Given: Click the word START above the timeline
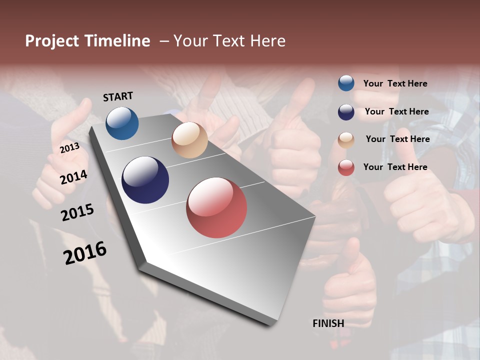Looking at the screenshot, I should (118, 96).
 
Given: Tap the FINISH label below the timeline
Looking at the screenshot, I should (328, 323).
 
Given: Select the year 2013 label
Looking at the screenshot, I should (69, 148).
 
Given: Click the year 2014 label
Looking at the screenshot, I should (74, 177).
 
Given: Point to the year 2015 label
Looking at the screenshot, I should (77, 212).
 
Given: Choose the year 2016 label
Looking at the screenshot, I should (85, 253).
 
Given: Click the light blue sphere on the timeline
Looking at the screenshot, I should (122, 123).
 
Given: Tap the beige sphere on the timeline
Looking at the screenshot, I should (189, 140).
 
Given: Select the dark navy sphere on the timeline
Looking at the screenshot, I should (145, 180).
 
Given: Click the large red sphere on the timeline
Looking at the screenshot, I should (216, 207).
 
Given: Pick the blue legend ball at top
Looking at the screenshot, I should (346, 83).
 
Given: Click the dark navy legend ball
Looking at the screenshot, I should (346, 112).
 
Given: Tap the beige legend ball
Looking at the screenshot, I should (346, 140).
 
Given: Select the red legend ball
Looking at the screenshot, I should (346, 167).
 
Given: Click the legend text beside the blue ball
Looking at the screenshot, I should (395, 84).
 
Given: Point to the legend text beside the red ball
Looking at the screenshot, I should (395, 167).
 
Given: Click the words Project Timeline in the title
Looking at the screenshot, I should (87, 41).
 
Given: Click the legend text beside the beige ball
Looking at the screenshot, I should (397, 139).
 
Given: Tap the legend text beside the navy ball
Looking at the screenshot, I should (396, 111).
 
